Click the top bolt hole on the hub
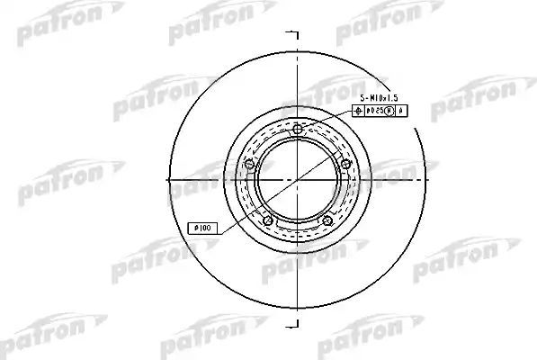coord(297,130)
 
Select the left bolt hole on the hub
coord(249,163)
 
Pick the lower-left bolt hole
coord(267,221)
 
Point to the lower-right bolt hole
coord(327,221)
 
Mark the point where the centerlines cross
coord(297,180)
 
